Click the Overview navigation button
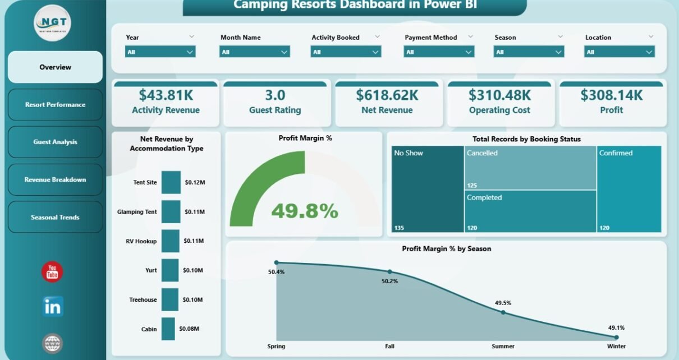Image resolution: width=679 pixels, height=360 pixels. click(x=55, y=67)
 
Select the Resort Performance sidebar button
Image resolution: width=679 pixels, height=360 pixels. click(x=55, y=105)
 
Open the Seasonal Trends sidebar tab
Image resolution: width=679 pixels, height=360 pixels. click(x=55, y=218)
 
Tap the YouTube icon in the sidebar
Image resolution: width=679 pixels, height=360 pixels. click(x=52, y=273)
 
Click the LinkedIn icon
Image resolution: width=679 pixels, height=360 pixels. click(x=53, y=307)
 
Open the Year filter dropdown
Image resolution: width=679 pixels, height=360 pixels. click(x=160, y=52)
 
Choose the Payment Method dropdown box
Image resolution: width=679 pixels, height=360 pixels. click(x=439, y=52)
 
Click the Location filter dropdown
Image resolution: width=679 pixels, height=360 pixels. click(x=619, y=52)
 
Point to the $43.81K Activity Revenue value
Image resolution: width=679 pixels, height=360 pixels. click(x=166, y=95)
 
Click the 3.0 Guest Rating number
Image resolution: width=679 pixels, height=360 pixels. click(x=275, y=95)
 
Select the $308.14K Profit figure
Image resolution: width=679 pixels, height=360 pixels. click(x=612, y=95)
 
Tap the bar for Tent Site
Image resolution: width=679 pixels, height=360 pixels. click(x=171, y=182)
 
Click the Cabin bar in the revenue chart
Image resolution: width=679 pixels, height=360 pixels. click(x=168, y=329)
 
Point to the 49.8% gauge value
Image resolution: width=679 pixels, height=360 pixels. click(x=305, y=211)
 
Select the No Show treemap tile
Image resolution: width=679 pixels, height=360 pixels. click(x=428, y=189)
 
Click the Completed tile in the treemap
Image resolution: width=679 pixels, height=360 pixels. click(x=530, y=211)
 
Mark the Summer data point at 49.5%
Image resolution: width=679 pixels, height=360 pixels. click(x=503, y=312)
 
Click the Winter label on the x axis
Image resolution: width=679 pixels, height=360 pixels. click(x=616, y=346)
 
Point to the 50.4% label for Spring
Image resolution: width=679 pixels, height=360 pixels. click(x=276, y=272)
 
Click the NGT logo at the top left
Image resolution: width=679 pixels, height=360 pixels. click(x=52, y=23)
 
